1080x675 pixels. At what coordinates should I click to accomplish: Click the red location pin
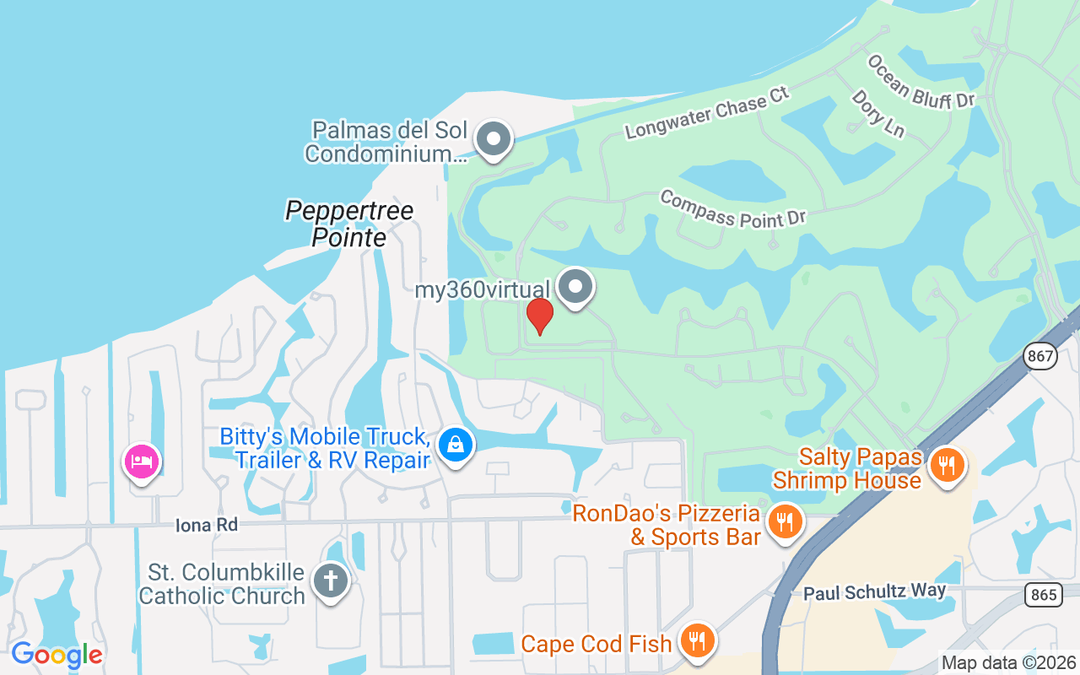539,316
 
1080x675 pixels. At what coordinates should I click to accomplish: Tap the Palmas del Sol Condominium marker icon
494,138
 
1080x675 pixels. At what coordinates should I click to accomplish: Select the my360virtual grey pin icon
575,287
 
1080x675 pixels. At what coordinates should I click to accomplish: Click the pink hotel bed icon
142,461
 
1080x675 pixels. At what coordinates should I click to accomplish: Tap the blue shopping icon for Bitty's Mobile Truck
456,443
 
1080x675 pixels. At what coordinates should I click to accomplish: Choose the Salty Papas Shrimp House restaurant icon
947,464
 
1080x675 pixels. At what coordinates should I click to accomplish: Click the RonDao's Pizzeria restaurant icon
785,521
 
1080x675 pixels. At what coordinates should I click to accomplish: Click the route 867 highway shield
1041,356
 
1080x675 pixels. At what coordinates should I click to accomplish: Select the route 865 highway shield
1044,595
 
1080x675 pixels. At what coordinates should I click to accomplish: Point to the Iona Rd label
207,525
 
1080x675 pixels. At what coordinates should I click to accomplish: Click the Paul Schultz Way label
874,591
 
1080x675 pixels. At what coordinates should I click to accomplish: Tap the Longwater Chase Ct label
707,112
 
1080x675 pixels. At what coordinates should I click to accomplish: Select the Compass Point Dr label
732,208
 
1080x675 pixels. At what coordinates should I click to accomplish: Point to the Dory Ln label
877,114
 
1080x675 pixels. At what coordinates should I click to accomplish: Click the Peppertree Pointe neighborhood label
349,224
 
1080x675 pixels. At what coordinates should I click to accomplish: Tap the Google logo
57,655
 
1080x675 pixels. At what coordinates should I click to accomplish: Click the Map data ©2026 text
1009,662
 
